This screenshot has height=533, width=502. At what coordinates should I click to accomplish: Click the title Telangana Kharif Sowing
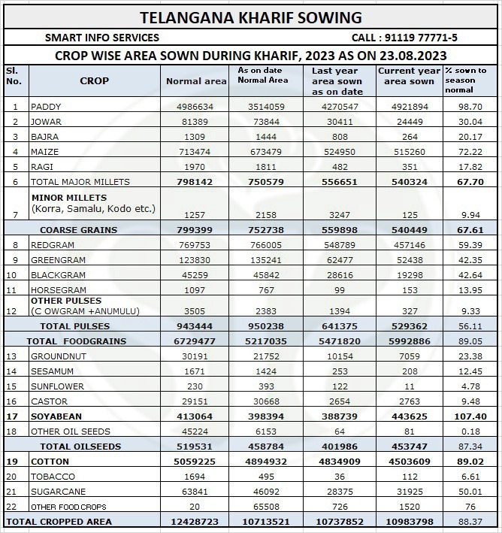251,17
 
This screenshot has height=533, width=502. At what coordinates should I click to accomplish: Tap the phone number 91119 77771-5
404,38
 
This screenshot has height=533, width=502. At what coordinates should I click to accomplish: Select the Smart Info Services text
102,38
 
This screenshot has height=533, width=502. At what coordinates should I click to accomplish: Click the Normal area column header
195,81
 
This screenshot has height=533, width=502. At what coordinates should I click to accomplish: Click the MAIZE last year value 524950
337,152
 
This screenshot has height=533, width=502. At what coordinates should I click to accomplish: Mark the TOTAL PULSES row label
74,326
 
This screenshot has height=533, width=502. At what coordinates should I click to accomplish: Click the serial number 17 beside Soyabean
13,416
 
